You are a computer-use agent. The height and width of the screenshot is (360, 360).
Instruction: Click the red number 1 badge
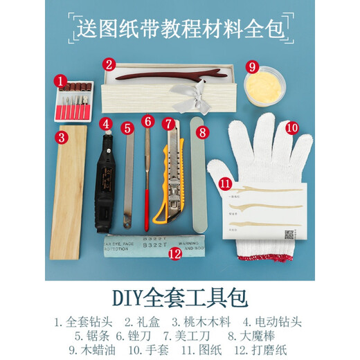(x=61, y=82)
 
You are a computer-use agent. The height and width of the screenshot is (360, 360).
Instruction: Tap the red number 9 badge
(x=253, y=66)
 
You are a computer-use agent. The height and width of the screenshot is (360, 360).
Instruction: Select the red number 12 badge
(x=175, y=254)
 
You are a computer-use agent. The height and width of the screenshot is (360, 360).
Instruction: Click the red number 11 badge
(x=226, y=184)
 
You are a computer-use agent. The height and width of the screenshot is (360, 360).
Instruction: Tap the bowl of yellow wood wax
(x=265, y=87)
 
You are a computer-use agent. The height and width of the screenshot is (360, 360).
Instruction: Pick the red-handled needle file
(x=147, y=180)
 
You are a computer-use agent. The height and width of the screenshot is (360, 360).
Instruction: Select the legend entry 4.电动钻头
(x=274, y=322)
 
